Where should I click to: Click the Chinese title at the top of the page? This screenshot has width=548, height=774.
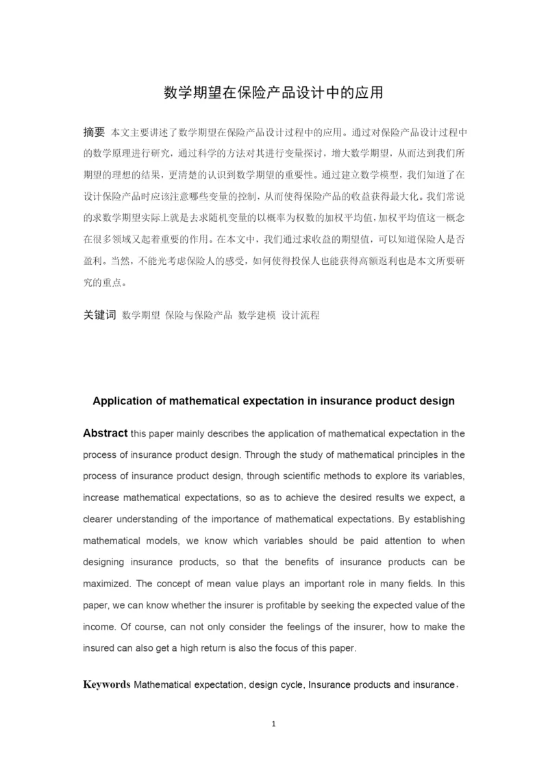pos(273,92)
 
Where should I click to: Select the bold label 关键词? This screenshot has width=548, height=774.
pos(99,315)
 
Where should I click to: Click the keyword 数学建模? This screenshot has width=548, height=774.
pos(256,315)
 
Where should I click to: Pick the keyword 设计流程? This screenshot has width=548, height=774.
pos(301,315)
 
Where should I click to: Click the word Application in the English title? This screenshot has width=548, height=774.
pos(123,401)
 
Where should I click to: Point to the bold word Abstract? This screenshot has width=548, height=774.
pos(105,433)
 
